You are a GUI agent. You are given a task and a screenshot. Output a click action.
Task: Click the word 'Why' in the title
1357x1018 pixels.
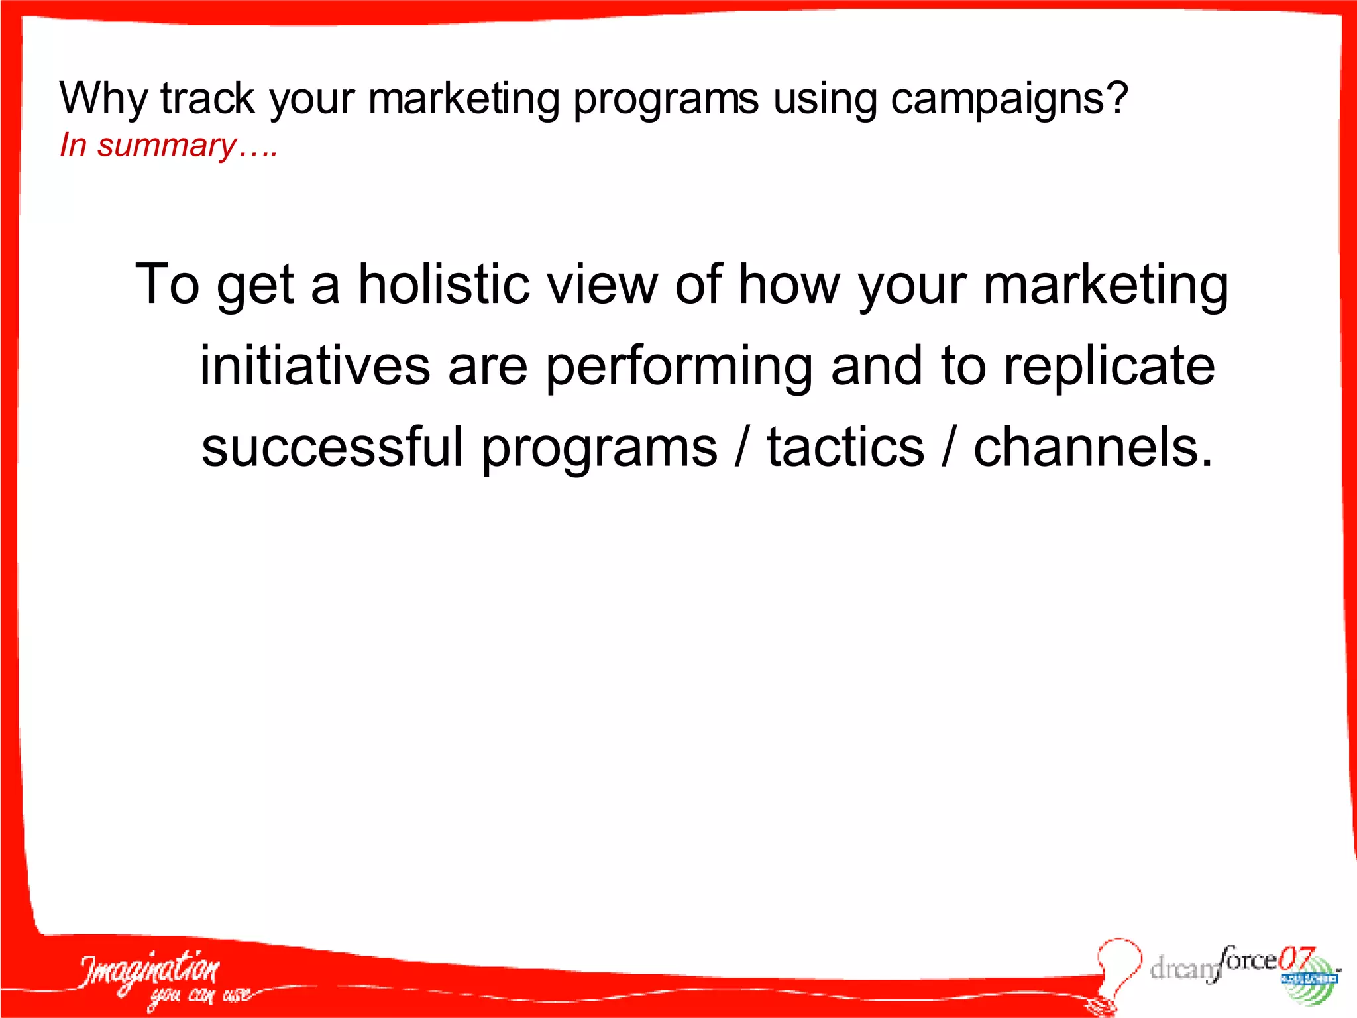(x=103, y=99)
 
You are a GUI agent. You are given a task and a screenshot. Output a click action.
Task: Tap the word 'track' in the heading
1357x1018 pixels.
(x=207, y=98)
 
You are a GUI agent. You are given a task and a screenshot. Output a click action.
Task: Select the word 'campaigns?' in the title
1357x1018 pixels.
(x=1008, y=99)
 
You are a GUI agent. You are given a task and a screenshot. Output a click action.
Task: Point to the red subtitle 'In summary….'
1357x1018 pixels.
(x=168, y=145)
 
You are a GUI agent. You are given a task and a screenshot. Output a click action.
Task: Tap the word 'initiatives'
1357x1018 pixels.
(x=315, y=366)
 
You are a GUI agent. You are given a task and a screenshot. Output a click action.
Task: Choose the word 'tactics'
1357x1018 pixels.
(x=845, y=447)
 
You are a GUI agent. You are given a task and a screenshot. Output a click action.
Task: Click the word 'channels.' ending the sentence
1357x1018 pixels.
(x=1093, y=447)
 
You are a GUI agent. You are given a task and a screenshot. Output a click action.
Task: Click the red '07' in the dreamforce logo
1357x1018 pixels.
(x=1296, y=959)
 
